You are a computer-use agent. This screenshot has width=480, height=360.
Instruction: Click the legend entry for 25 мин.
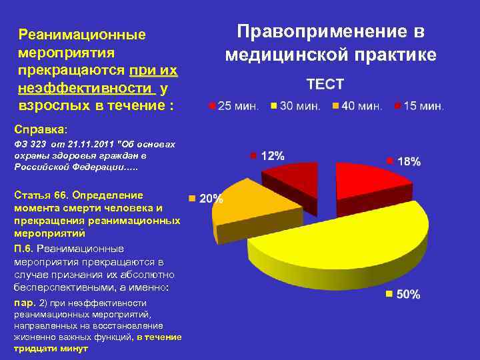coord(235,107)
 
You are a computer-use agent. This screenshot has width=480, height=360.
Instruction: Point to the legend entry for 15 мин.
coord(419,107)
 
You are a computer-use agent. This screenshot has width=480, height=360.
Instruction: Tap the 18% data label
coord(409,161)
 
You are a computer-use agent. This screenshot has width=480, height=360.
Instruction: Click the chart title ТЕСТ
coord(325,85)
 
